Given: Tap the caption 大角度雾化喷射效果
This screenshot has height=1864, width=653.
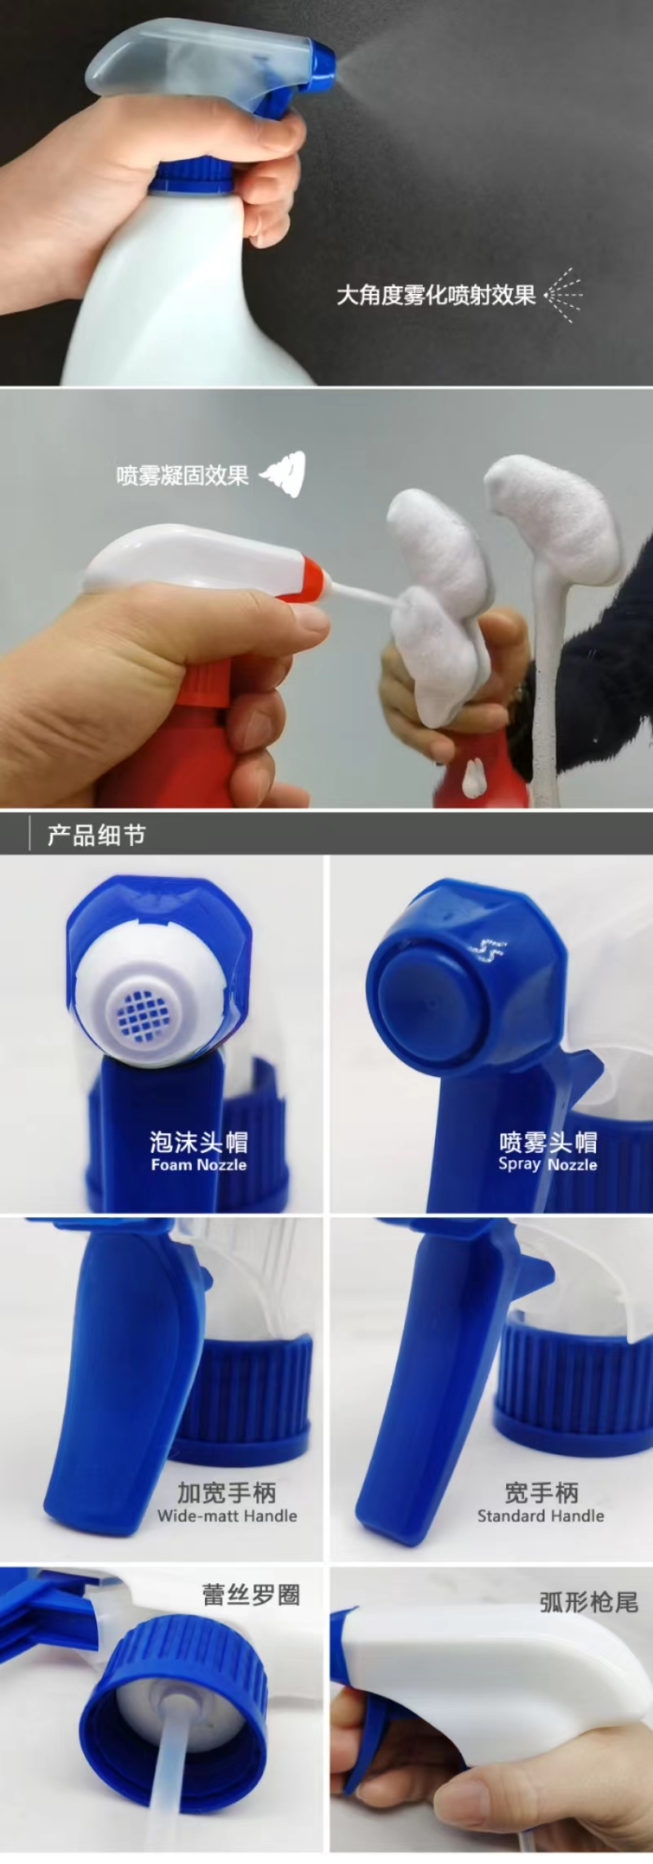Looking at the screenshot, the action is coord(436,295).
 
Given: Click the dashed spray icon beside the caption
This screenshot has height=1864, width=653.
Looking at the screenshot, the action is coord(564,294).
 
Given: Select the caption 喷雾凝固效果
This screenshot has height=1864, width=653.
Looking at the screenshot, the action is coord(182,475).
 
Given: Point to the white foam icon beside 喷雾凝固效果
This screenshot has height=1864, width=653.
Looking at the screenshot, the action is coord(283,474).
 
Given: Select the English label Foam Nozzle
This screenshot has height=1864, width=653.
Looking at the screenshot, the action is coord(198,1164).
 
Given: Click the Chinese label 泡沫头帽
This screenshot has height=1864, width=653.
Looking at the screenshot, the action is coord(198,1141).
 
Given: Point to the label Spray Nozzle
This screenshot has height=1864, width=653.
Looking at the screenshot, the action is coord(548,1164).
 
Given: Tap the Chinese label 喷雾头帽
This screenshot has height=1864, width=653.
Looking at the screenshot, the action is coord(548,1141).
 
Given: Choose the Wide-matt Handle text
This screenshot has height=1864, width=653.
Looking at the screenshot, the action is coord(227,1515).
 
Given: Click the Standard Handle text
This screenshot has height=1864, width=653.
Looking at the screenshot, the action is coord(540,1515).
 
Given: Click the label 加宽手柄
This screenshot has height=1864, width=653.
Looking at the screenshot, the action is coord(227,1493).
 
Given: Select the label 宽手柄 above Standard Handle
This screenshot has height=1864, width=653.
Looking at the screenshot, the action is coord(541,1493).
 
